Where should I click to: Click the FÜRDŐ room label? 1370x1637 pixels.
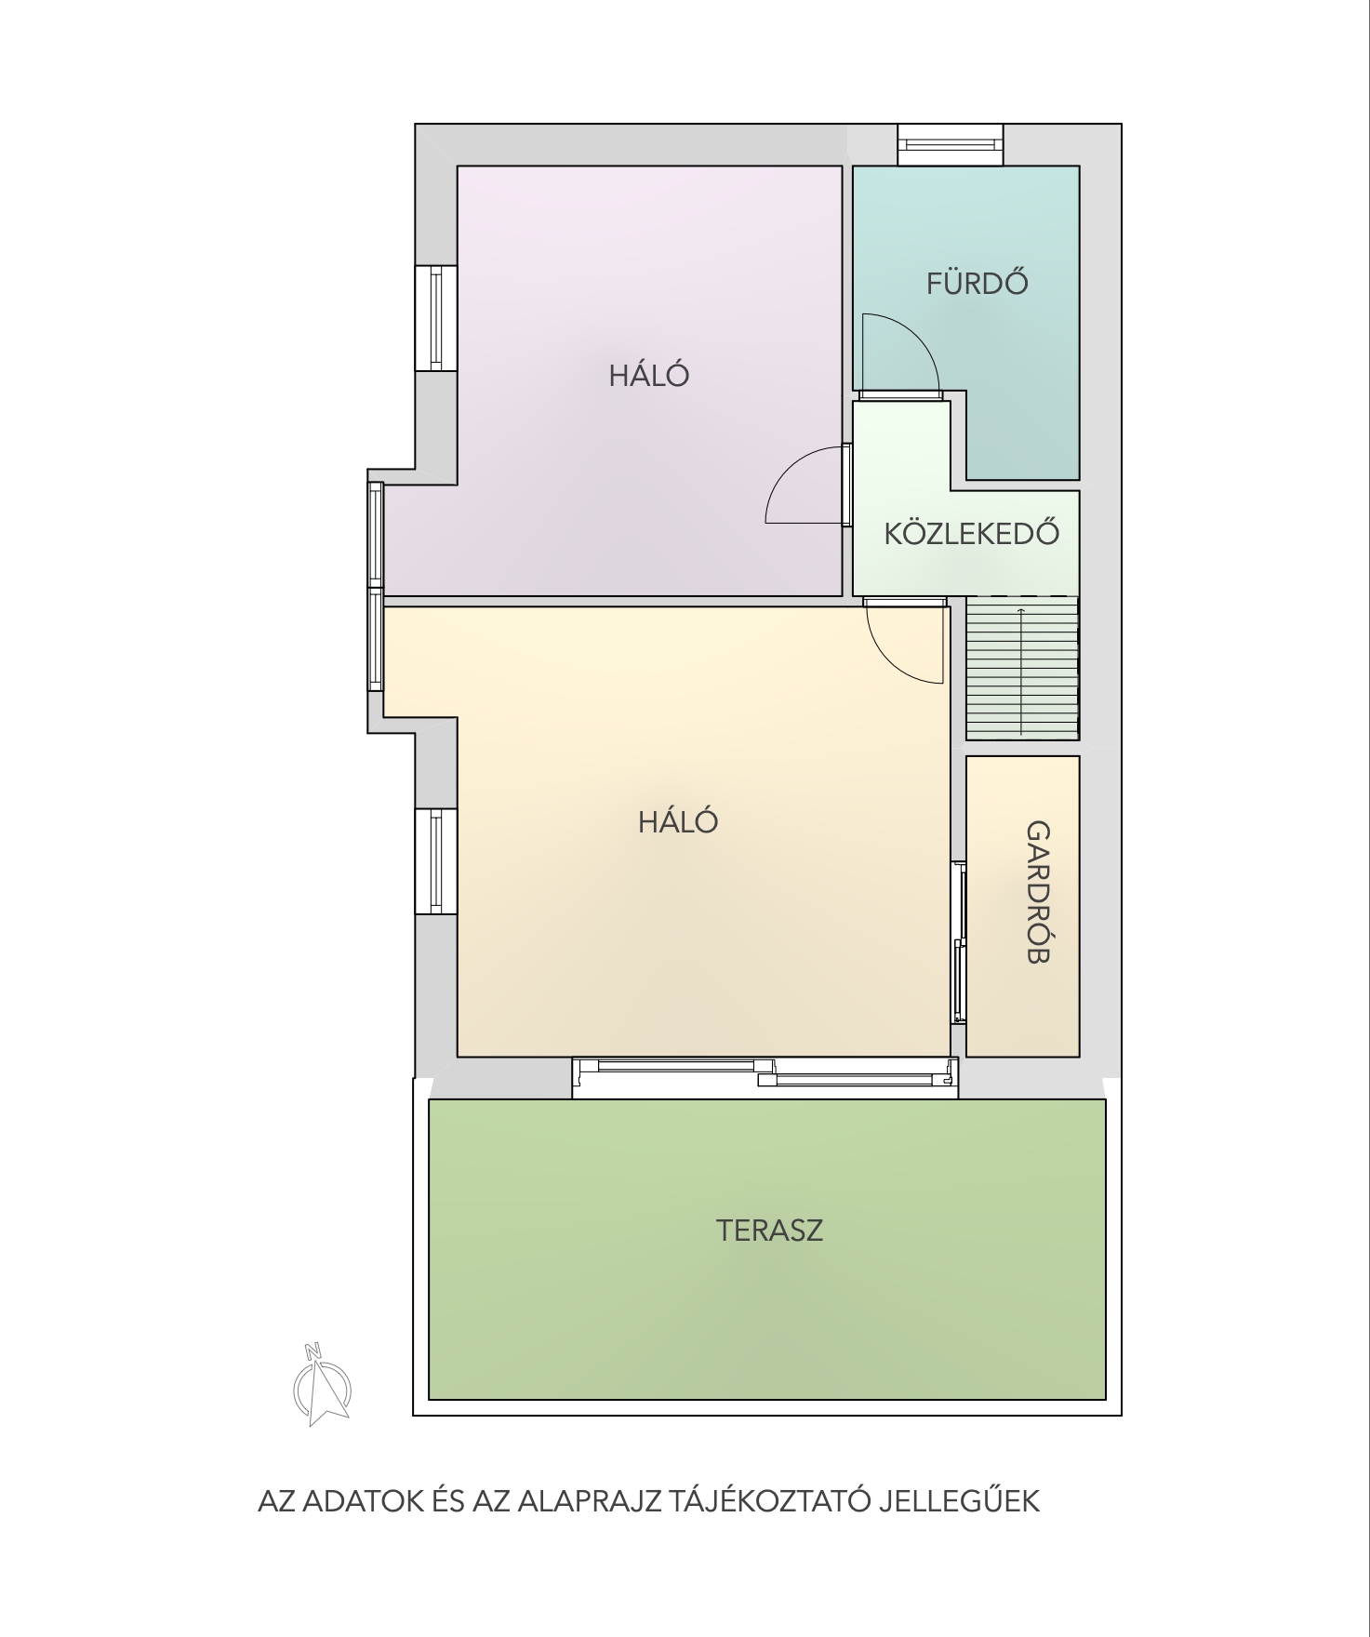coord(977,282)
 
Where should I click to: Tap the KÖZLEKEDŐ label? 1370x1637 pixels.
coord(972,533)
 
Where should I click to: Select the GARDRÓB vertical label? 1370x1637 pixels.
coord(1038,892)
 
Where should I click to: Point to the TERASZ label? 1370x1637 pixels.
coord(769,1231)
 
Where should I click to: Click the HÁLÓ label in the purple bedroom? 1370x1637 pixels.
coord(649,375)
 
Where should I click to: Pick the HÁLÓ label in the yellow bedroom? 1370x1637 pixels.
coord(678,821)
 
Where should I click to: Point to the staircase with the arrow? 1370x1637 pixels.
coord(1021,667)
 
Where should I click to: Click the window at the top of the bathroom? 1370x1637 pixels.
coord(950,144)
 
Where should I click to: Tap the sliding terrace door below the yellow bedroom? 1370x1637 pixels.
coord(765,1077)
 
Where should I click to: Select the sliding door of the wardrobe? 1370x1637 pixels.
coord(958,942)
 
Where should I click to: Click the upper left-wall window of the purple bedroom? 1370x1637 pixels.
coord(435,317)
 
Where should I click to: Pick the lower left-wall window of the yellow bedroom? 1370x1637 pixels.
coord(435,860)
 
